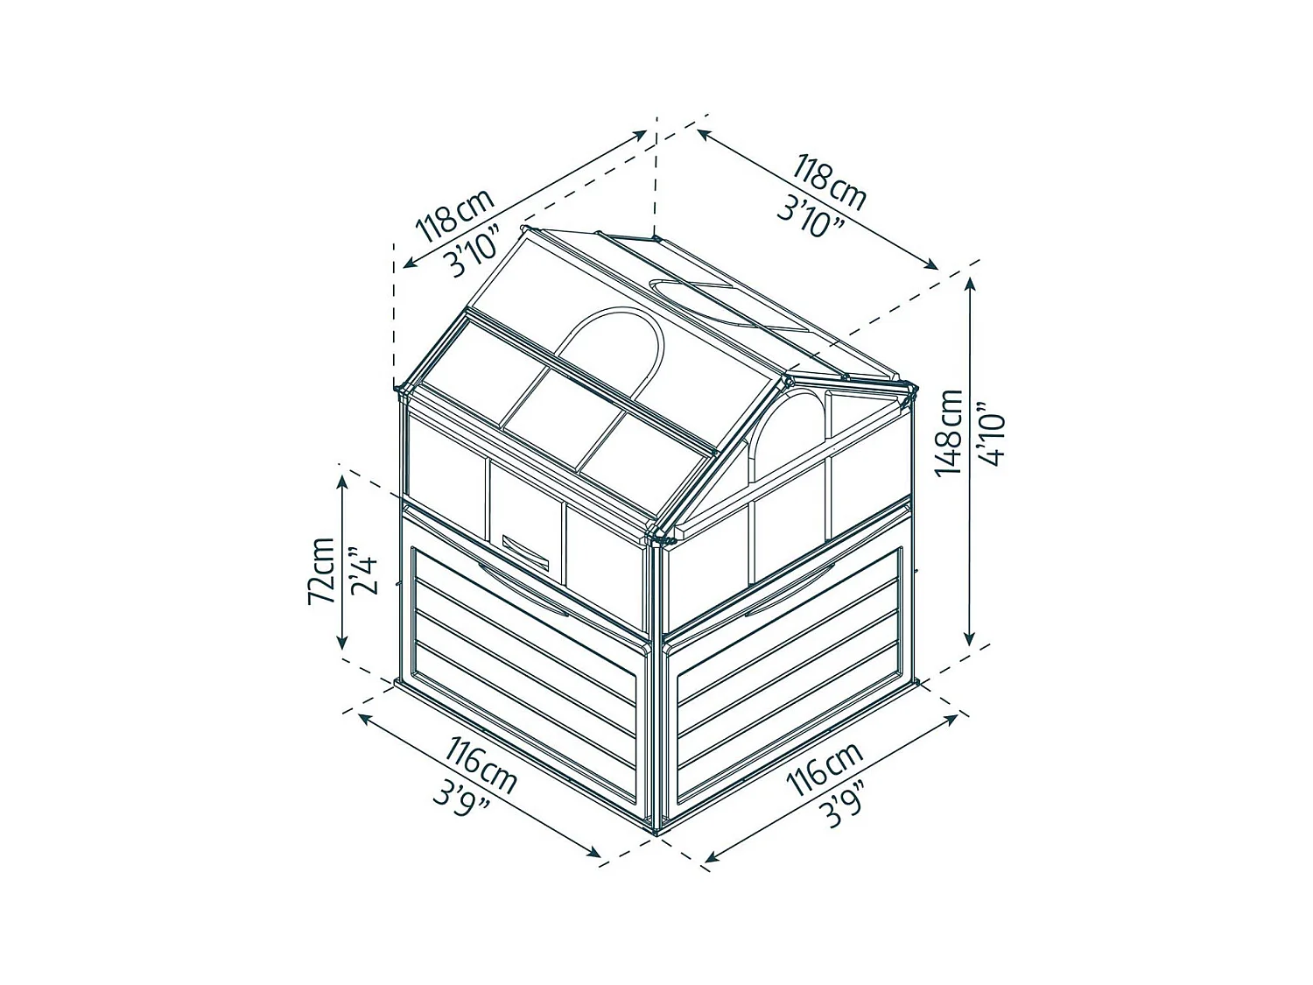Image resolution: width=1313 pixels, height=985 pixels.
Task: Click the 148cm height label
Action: (x=949, y=433)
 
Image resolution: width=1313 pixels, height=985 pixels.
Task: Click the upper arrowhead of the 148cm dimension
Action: (x=970, y=285)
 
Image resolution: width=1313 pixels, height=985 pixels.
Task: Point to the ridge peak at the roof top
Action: (x=656, y=237)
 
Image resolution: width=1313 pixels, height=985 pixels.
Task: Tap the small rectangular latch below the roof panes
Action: (x=523, y=549)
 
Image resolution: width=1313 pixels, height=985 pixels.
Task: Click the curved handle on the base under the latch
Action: (x=521, y=584)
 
